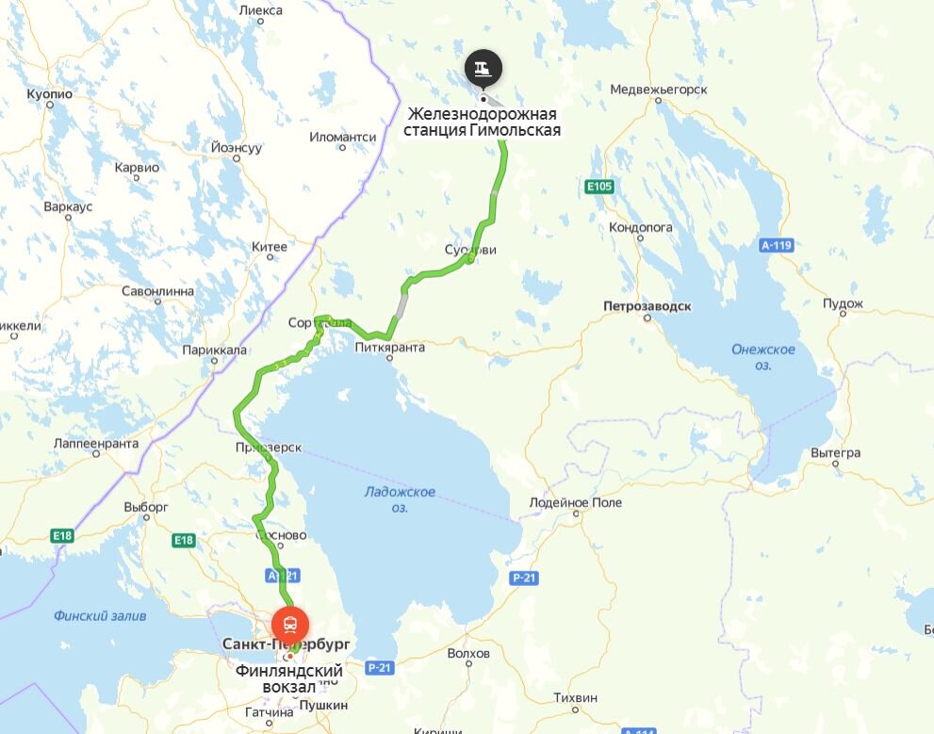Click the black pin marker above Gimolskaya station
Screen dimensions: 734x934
[x=483, y=69]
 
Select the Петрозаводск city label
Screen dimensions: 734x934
[x=647, y=307]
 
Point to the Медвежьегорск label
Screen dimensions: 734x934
[x=659, y=90]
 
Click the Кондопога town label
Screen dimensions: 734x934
[x=641, y=227]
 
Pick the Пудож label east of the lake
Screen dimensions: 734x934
[x=843, y=302]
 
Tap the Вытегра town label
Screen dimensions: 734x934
[x=835, y=453]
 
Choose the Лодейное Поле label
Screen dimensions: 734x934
[x=576, y=502]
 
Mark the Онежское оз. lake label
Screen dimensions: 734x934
[x=763, y=356]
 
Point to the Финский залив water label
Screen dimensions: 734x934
[x=100, y=616]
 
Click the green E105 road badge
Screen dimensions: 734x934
[x=598, y=187]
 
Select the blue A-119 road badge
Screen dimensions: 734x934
[x=776, y=245]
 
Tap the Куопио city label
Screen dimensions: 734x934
[x=50, y=95]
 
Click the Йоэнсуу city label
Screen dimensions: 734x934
[x=237, y=148]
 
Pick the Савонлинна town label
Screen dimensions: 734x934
[x=157, y=291]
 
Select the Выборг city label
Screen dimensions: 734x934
[x=145, y=506]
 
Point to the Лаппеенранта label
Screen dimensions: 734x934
[x=96, y=443]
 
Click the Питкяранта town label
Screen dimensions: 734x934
[x=390, y=347]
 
